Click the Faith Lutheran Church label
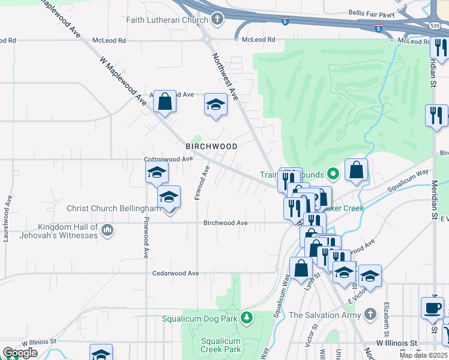coord(167,20)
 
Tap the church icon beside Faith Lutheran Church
coord(217,19)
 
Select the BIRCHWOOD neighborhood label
coord(211,146)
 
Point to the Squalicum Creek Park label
coord(220,345)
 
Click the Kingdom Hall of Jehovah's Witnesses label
coord(68,231)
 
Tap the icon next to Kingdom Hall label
coord(107,230)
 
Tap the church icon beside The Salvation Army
coord(370,314)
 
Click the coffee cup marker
coord(432,308)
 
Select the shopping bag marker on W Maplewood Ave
coord(164,101)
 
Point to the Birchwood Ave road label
coord(225,223)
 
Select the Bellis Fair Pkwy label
coord(372,13)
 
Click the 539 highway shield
coord(435,26)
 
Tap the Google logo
coord(20,352)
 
